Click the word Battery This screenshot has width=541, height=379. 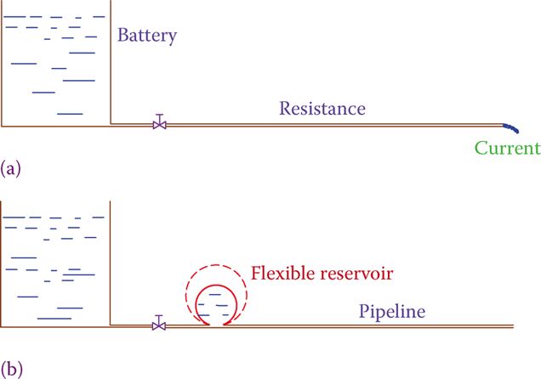coord(147,36)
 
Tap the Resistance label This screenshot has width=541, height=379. coord(322,109)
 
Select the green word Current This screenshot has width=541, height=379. coord(507,148)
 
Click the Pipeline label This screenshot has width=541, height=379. coord(391,313)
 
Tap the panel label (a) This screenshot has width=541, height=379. coord(11,167)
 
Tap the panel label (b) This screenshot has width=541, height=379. coord(11,368)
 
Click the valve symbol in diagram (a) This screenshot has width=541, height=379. coord(159,123)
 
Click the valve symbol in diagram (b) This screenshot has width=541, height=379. coord(159,324)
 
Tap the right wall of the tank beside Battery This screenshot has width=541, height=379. coord(111,68)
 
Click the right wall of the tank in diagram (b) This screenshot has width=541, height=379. coord(111,263)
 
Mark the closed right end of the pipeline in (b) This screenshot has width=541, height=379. coord(514,326)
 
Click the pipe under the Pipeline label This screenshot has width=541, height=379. coord(391,326)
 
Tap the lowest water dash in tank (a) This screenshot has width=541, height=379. coord(70,113)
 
